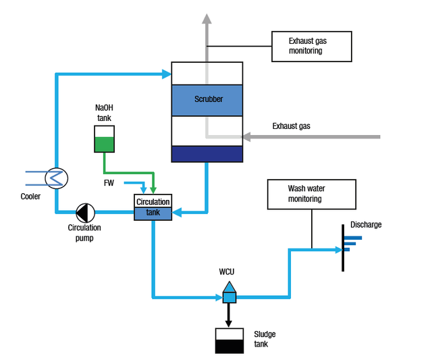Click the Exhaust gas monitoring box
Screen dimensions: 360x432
(x=311, y=46)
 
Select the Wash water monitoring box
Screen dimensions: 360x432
(x=311, y=194)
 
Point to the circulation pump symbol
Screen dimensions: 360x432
(x=84, y=213)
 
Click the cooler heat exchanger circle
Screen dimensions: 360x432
(x=55, y=178)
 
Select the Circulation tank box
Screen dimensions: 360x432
(x=153, y=207)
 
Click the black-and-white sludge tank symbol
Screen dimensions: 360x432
(x=229, y=340)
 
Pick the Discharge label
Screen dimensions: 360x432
(x=366, y=225)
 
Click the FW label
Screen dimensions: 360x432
(x=109, y=183)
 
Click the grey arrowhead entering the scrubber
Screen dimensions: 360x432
(x=248, y=137)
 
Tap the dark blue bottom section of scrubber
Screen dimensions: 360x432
(x=207, y=154)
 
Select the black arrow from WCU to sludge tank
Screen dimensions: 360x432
(x=229, y=314)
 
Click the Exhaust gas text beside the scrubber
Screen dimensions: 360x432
(x=291, y=126)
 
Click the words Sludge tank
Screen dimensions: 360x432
(x=265, y=339)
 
